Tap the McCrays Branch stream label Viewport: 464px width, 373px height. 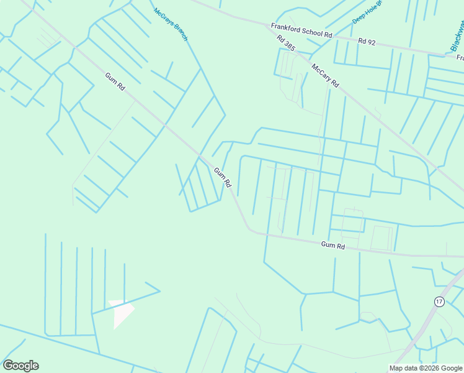tap(170, 25)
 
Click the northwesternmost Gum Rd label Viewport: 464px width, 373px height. tap(115, 81)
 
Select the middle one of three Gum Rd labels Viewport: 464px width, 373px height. tap(223, 177)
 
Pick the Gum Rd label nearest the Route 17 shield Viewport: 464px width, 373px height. tap(333, 246)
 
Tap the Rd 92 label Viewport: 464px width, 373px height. tap(367, 41)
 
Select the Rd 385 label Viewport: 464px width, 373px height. tap(286, 43)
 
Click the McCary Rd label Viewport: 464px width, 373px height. tap(325, 75)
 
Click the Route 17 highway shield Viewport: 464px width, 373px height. tap(439, 301)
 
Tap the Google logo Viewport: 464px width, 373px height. tap(20, 365)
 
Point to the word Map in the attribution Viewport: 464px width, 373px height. tap(396, 368)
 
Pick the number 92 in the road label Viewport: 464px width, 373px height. tap(372, 42)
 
